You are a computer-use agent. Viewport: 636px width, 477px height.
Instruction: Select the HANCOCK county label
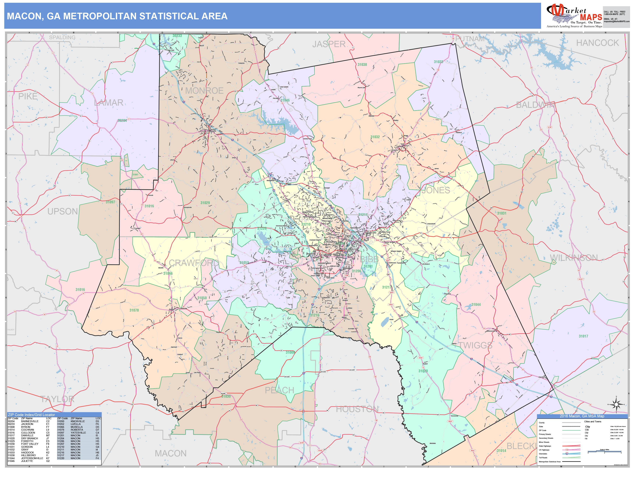(597, 43)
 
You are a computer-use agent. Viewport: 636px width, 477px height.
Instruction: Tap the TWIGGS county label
(475, 345)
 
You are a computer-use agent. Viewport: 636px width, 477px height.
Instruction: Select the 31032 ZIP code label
(375, 137)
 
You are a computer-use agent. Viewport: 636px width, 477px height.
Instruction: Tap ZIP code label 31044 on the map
(476, 305)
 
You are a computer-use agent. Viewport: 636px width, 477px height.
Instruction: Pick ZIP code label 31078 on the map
(134, 310)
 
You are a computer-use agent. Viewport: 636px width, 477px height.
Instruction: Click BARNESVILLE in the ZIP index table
(30, 421)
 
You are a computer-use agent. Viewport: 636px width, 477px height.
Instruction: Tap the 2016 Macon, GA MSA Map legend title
(582, 416)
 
